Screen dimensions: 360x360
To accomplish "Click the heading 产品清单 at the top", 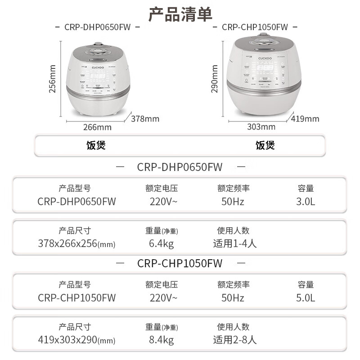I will pyautogui.click(x=180, y=14).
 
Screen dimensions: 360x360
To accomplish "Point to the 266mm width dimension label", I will pyautogui.click(x=97, y=127).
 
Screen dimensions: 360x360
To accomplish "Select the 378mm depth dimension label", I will pyautogui.click(x=145, y=119).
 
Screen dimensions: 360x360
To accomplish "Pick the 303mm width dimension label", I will pyautogui.click(x=261, y=127).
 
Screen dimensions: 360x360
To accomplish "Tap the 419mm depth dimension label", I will pyautogui.click(x=305, y=119).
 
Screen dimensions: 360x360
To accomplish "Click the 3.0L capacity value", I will pyautogui.click(x=306, y=201).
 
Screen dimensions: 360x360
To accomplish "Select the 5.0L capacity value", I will pyautogui.click(x=306, y=297).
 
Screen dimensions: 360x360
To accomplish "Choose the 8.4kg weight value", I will pyautogui.click(x=161, y=340).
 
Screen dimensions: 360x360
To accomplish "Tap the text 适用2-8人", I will pyautogui.click(x=234, y=340).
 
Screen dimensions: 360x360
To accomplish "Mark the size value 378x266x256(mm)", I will pyautogui.click(x=76, y=244).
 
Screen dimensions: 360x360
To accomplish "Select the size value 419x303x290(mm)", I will pyautogui.click(x=76, y=340).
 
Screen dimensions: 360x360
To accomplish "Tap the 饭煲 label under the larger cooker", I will pyautogui.click(x=265, y=145).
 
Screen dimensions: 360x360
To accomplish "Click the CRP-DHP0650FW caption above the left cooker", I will pyautogui.click(x=98, y=27).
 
